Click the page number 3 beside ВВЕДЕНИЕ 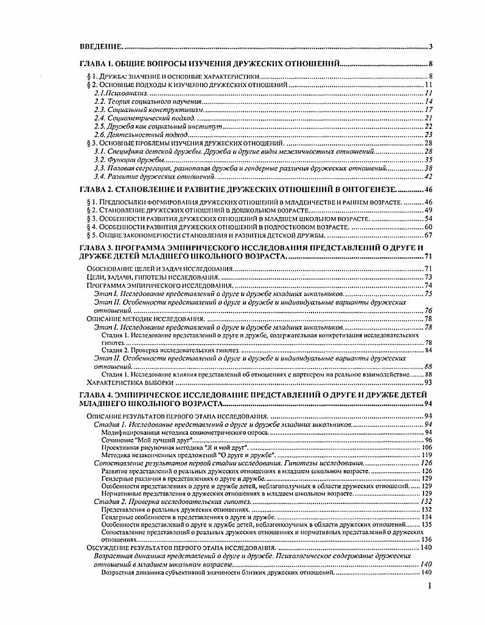(x=430, y=46)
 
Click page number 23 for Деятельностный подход (x=428, y=134)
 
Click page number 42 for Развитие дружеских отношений (x=428, y=176)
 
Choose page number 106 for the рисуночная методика (x=425, y=447)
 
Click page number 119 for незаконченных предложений (x=425, y=455)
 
